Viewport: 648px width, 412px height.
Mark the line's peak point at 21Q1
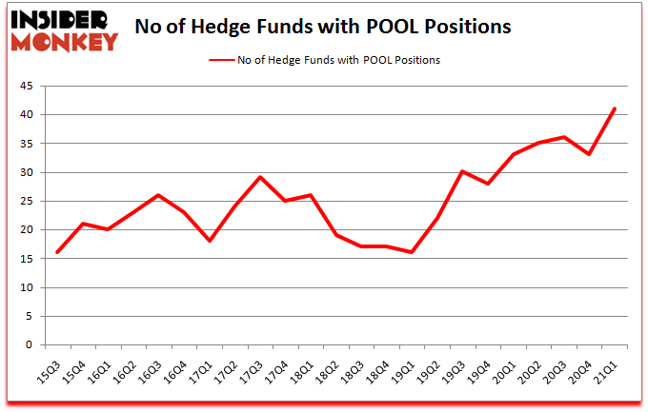pos(615,108)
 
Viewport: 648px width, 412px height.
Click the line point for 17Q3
pos(260,177)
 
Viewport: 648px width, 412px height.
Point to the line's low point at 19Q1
pos(412,252)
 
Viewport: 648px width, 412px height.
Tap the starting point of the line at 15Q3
pos(57,252)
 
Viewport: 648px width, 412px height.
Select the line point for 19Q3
pos(463,171)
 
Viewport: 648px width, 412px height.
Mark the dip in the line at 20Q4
pos(590,154)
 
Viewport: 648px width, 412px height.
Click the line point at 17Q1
pos(209,241)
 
